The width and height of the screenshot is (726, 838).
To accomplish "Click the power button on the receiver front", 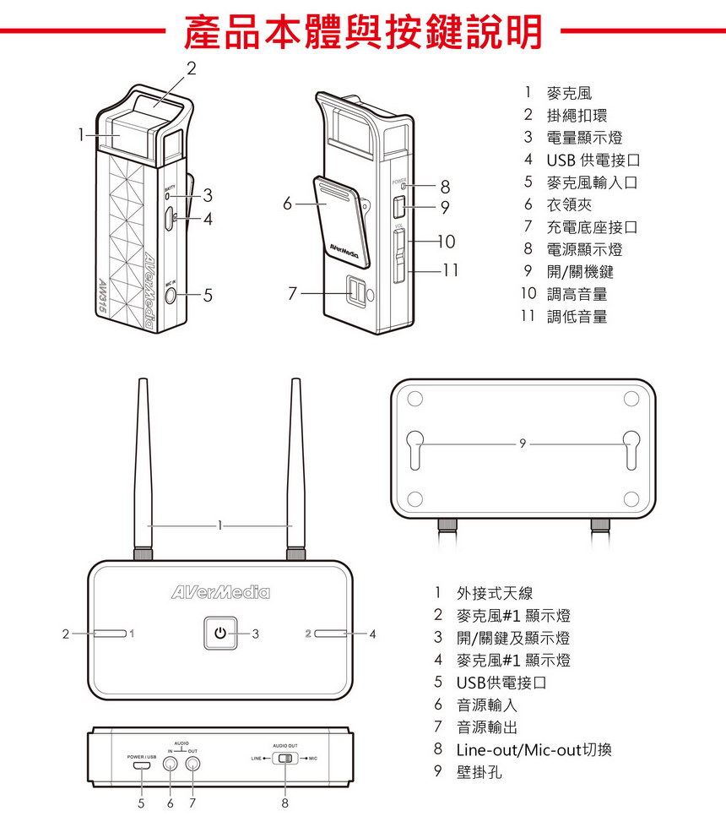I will point(219,633).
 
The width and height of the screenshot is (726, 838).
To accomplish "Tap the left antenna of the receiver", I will point(143,473).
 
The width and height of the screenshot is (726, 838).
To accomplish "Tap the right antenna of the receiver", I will point(295,473).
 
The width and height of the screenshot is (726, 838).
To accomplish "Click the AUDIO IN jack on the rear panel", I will point(171,765).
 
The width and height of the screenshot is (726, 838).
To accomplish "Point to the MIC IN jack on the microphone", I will point(172,296).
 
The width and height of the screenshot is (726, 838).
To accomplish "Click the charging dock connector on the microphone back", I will point(355,292).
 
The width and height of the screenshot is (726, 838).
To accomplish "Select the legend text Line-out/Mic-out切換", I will point(534,749).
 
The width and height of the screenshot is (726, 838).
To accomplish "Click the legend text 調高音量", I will point(577,294).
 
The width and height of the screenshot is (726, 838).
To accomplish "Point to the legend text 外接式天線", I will point(495,594).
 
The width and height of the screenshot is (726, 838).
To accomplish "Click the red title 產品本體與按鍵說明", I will point(363,31).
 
